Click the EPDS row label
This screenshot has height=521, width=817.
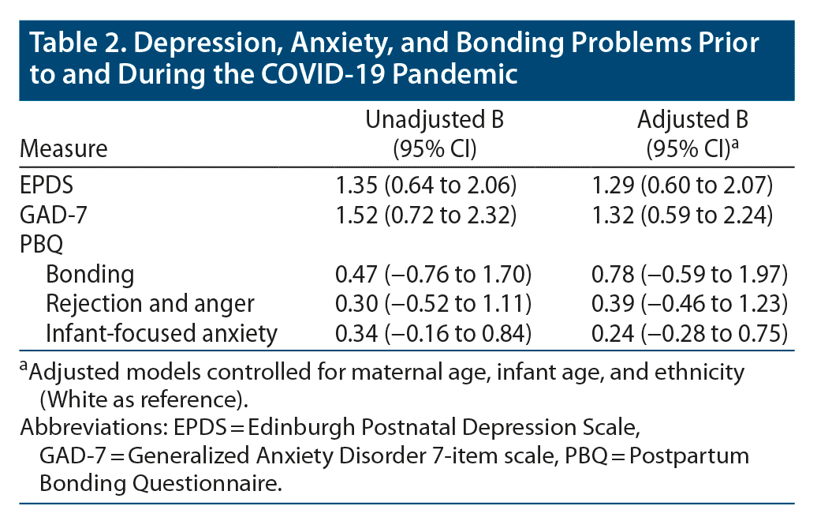point(45,186)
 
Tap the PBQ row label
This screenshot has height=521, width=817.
point(41,245)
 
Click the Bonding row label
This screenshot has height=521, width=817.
point(90,275)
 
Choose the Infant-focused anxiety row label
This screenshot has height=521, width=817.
point(162,333)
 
